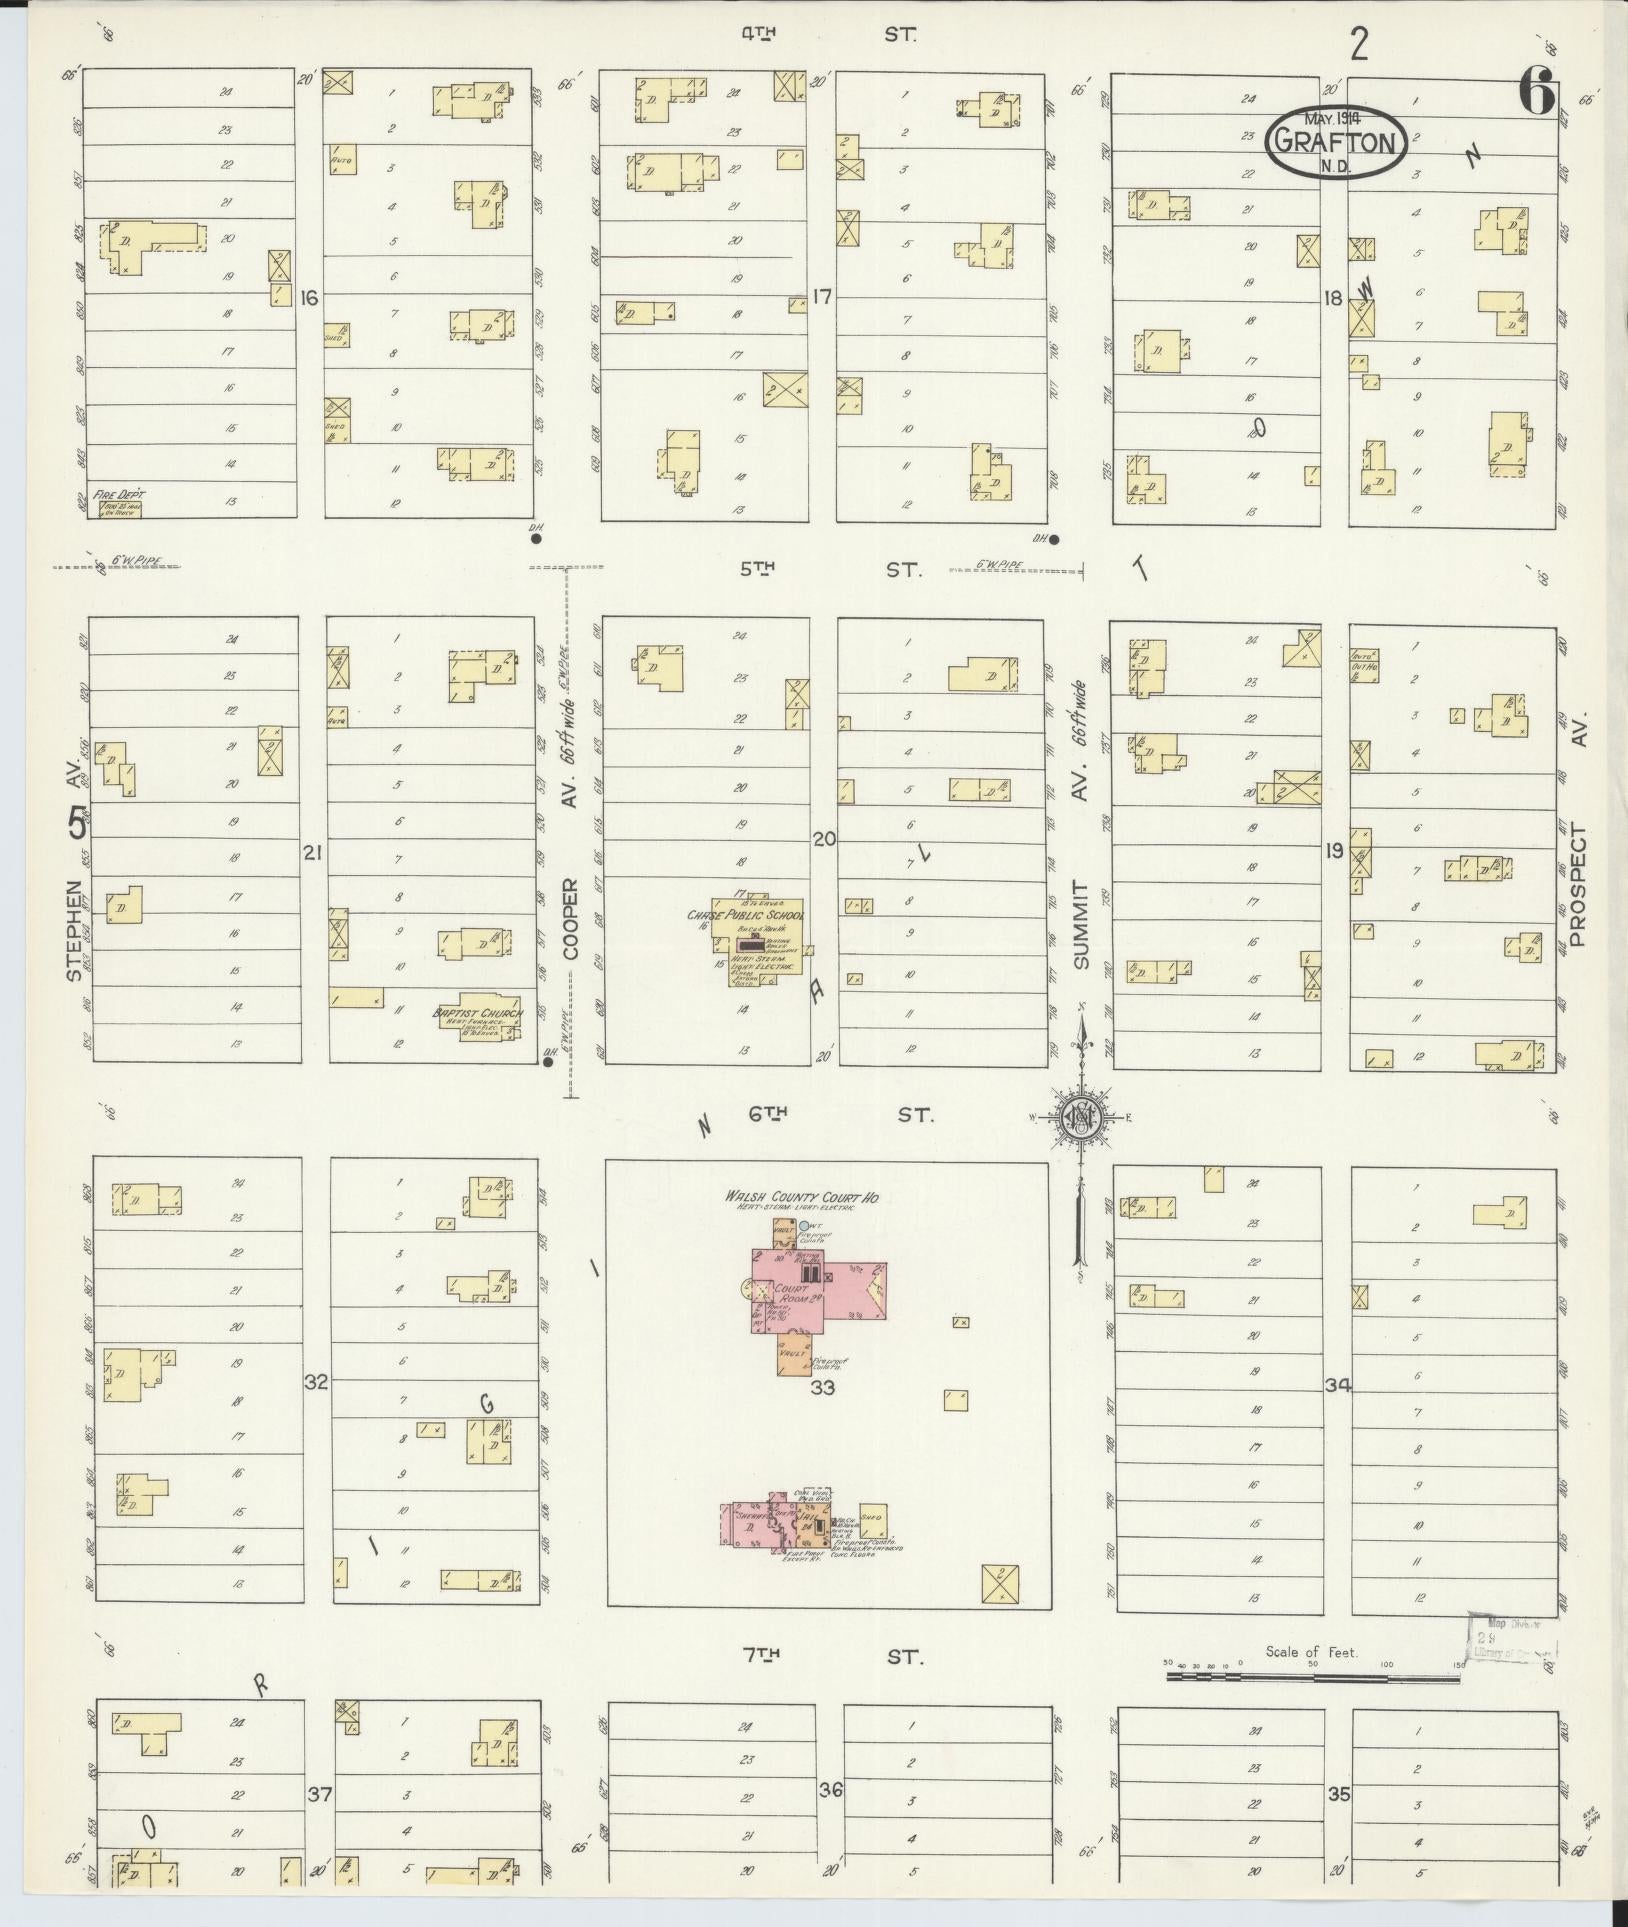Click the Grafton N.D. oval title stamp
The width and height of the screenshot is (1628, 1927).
point(1336,143)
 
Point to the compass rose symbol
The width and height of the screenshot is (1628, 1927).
point(1081,1117)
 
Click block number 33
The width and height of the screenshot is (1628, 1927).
point(822,1388)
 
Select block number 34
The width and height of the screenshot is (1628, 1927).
point(1337,1385)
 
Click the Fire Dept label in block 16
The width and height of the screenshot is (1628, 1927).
point(119,495)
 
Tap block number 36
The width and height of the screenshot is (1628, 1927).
point(831,1790)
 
